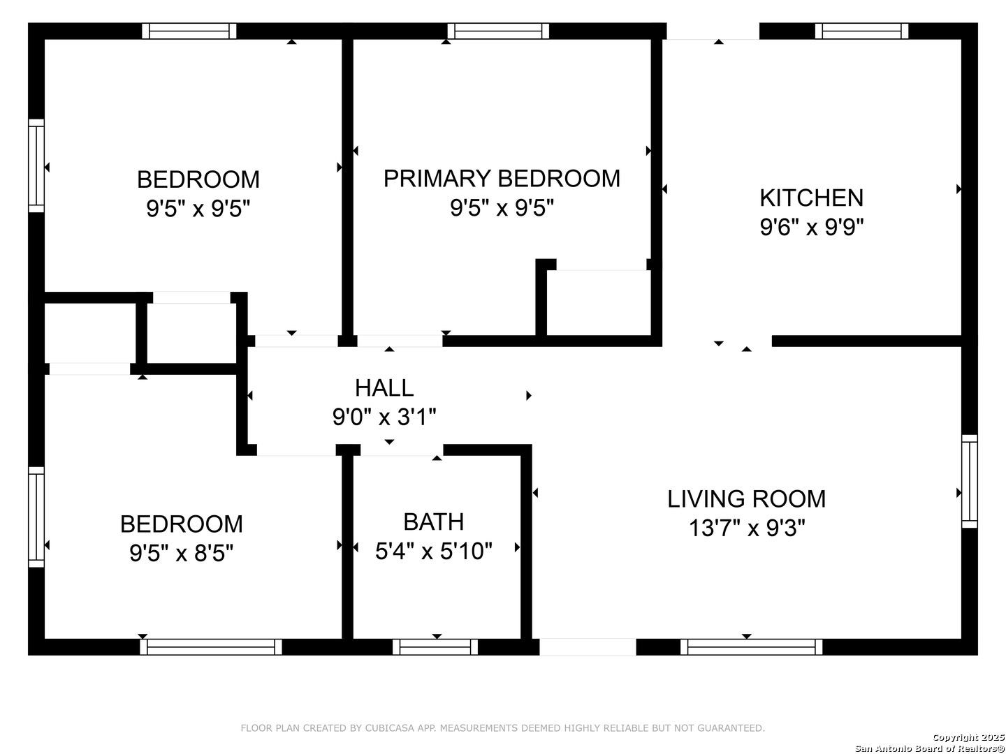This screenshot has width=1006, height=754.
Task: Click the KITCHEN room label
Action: coord(811,198)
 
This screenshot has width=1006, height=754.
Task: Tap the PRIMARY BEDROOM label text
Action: coord(502,178)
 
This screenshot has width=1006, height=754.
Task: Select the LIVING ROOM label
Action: coord(746,498)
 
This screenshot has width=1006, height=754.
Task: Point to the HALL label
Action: coord(384,387)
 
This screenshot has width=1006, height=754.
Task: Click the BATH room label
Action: coord(434,522)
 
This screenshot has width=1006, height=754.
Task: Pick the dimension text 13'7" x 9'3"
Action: coord(747,528)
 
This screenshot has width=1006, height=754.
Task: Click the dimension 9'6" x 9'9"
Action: coord(811,227)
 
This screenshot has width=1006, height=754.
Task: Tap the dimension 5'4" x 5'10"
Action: coord(434,551)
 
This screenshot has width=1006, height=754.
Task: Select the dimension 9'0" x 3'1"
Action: coord(384,417)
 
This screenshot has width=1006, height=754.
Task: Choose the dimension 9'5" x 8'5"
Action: coord(182,553)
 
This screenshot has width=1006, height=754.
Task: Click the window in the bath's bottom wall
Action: coord(435,647)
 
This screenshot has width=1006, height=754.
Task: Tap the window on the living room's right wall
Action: coord(970,481)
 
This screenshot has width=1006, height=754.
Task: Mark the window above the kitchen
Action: coord(861,31)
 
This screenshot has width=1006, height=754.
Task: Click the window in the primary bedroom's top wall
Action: coord(498,31)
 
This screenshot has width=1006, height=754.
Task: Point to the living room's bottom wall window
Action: coord(751,647)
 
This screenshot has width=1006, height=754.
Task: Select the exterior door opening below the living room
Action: coord(588,647)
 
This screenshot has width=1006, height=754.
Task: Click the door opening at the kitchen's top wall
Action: coord(713,31)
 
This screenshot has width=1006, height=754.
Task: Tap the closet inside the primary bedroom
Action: coord(599,302)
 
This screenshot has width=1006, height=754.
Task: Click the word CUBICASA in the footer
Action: coord(386,728)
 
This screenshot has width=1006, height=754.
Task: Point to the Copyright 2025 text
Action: coord(968,737)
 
